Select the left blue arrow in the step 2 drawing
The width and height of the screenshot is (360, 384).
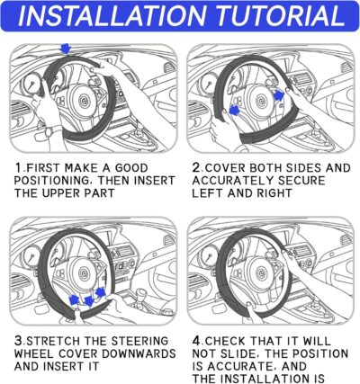pos(235,109)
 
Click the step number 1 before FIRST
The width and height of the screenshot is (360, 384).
pos(18,168)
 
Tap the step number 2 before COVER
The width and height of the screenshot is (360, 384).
pos(196,168)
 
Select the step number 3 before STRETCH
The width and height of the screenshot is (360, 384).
pos(18,340)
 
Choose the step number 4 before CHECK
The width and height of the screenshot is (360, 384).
pos(196,340)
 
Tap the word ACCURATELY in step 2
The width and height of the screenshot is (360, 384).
pos(237,182)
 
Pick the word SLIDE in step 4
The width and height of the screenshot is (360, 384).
pos(247,353)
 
